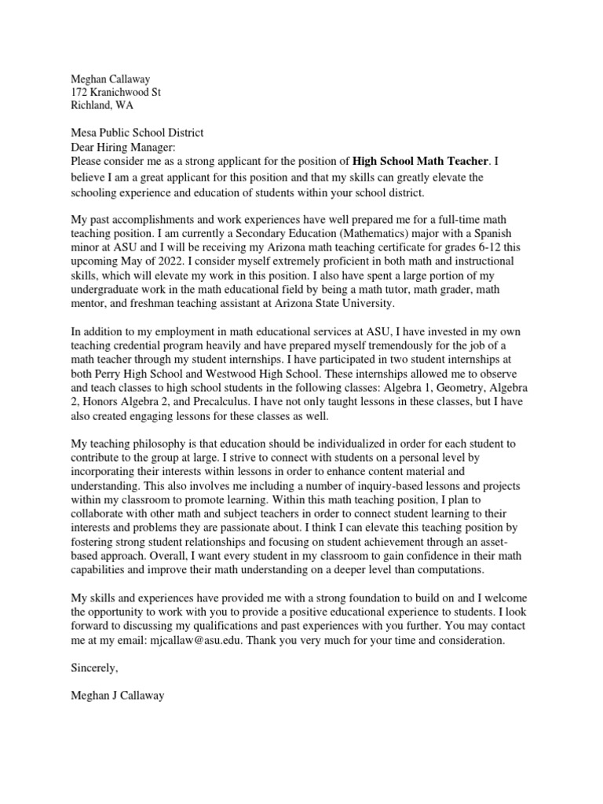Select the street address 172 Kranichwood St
[116, 92]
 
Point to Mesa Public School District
[137, 133]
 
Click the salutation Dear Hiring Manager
[123, 148]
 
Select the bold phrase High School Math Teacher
[422, 162]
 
